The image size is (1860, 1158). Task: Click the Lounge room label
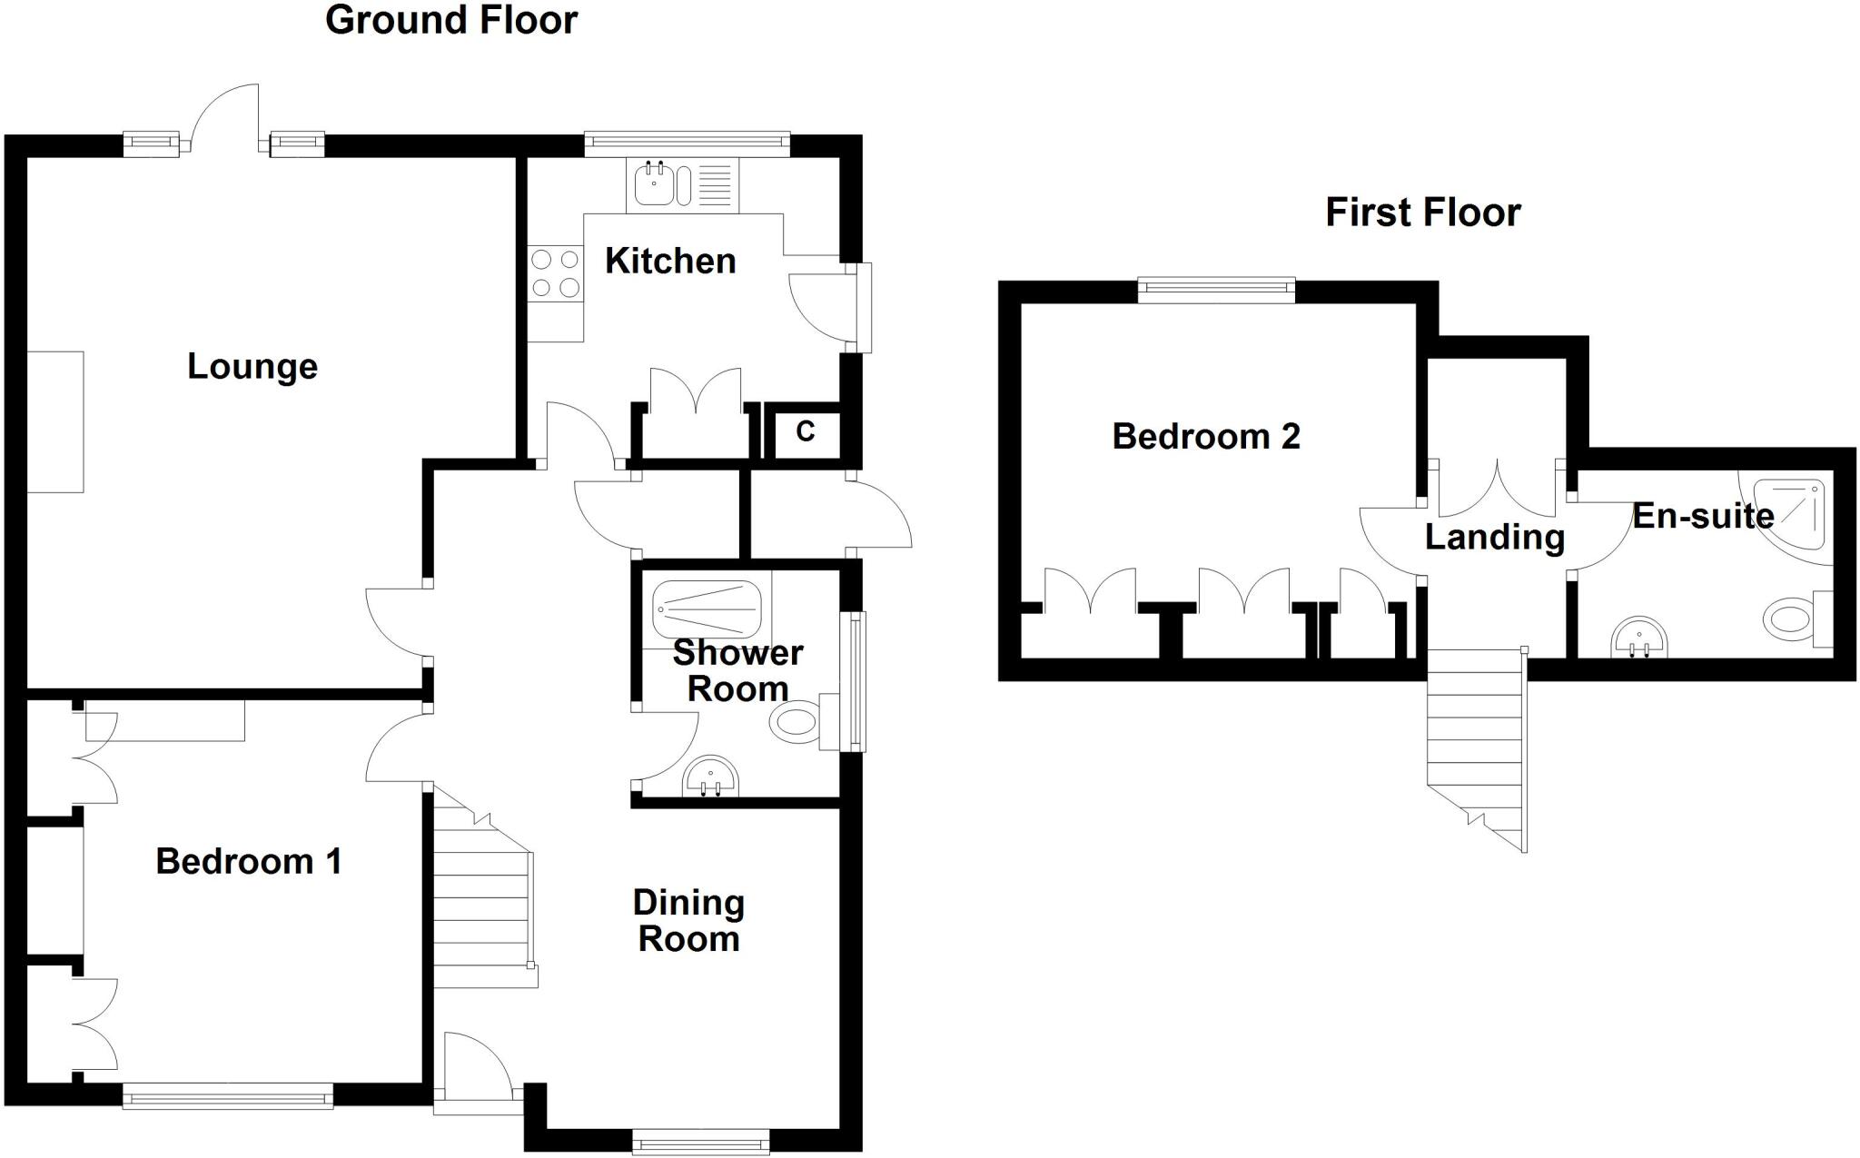pos(252,367)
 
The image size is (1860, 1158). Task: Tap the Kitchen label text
pos(670,262)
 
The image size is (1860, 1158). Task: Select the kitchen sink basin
pos(653,184)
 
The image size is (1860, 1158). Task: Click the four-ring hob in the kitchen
pos(556,273)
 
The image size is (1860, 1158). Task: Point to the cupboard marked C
pos(805,432)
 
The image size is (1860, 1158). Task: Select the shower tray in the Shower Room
pos(707,610)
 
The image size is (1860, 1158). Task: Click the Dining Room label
pos(688,921)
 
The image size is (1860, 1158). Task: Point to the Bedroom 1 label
pos(249,861)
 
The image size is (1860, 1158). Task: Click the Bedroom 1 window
pos(228,1100)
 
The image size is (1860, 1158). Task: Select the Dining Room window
pos(700,1143)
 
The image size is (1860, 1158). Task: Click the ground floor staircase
pos(481,908)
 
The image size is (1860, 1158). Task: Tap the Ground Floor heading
pos(451,20)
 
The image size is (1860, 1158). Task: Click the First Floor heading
pos(1422,213)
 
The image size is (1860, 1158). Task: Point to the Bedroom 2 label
pos(1206,437)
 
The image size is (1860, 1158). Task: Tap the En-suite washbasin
pos(1639,638)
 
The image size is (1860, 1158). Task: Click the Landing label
pos(1495,537)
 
